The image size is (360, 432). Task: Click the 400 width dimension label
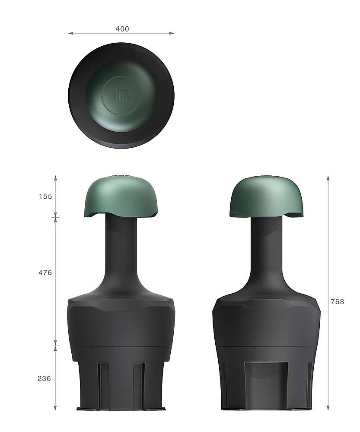pyautogui.click(x=122, y=29)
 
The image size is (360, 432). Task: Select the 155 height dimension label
pyautogui.click(x=45, y=197)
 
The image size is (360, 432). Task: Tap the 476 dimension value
pyautogui.click(x=45, y=273)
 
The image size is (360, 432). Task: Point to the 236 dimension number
pyautogui.click(x=44, y=378)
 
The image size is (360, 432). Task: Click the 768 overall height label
pyautogui.click(x=337, y=302)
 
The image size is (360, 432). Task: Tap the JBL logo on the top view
pyautogui.click(x=121, y=95)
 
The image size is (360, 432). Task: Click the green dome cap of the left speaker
pyautogui.click(x=121, y=197)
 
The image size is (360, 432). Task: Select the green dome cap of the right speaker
pyautogui.click(x=266, y=197)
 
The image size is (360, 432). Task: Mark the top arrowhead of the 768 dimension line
pyautogui.click(x=328, y=178)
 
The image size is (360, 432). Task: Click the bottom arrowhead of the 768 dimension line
pyautogui.click(x=328, y=408)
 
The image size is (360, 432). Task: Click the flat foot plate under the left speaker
pyautogui.click(x=121, y=409)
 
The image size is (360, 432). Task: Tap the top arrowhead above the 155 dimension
pyautogui.click(x=55, y=178)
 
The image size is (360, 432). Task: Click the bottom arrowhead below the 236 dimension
pyautogui.click(x=55, y=408)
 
